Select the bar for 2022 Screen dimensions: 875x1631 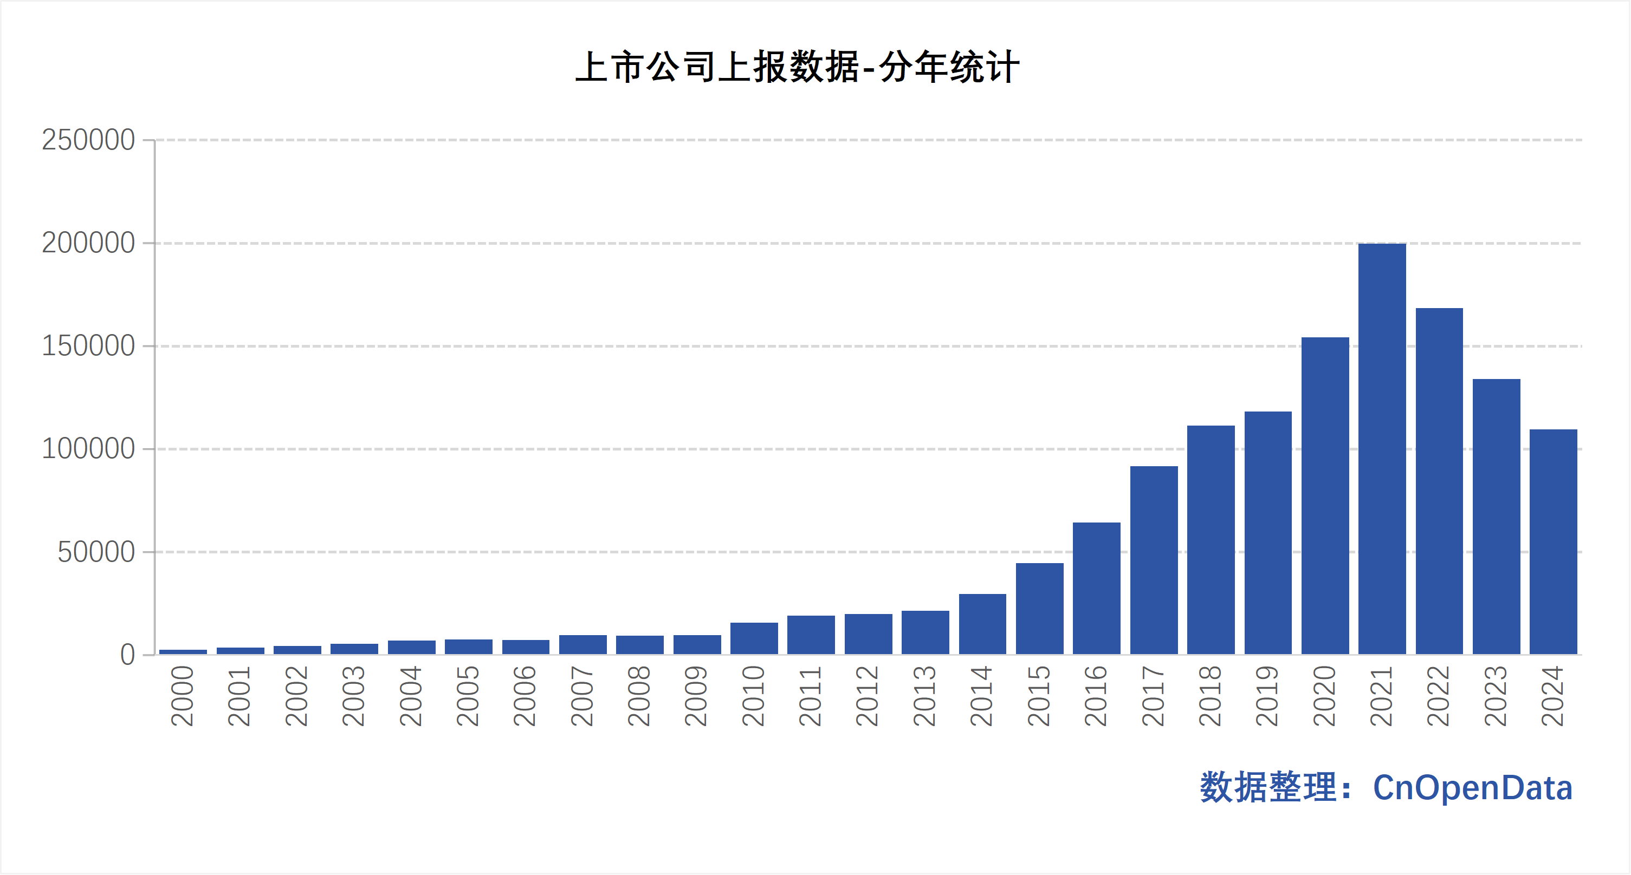tap(1439, 481)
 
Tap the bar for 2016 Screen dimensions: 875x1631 tap(1097, 589)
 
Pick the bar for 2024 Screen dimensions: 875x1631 tap(1553, 541)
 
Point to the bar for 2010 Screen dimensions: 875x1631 tap(754, 638)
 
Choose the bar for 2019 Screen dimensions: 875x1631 tap(1268, 533)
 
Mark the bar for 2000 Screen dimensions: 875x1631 tap(183, 652)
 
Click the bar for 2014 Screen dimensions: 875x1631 tap(982, 624)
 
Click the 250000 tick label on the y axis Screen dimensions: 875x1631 tap(89, 140)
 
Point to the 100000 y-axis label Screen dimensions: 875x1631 tap(89, 449)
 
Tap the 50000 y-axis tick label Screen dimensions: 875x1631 tap(96, 552)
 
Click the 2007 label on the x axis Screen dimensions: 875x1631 tap(582, 696)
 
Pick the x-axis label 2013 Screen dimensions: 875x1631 tap(924, 696)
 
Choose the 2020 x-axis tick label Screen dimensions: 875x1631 tap(1324, 696)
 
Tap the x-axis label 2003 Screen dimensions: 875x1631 tap(353, 696)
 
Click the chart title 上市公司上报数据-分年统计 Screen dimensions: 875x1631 tap(797, 67)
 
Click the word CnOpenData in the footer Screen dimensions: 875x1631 tap(1472, 788)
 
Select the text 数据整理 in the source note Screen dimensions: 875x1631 tap(1267, 788)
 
